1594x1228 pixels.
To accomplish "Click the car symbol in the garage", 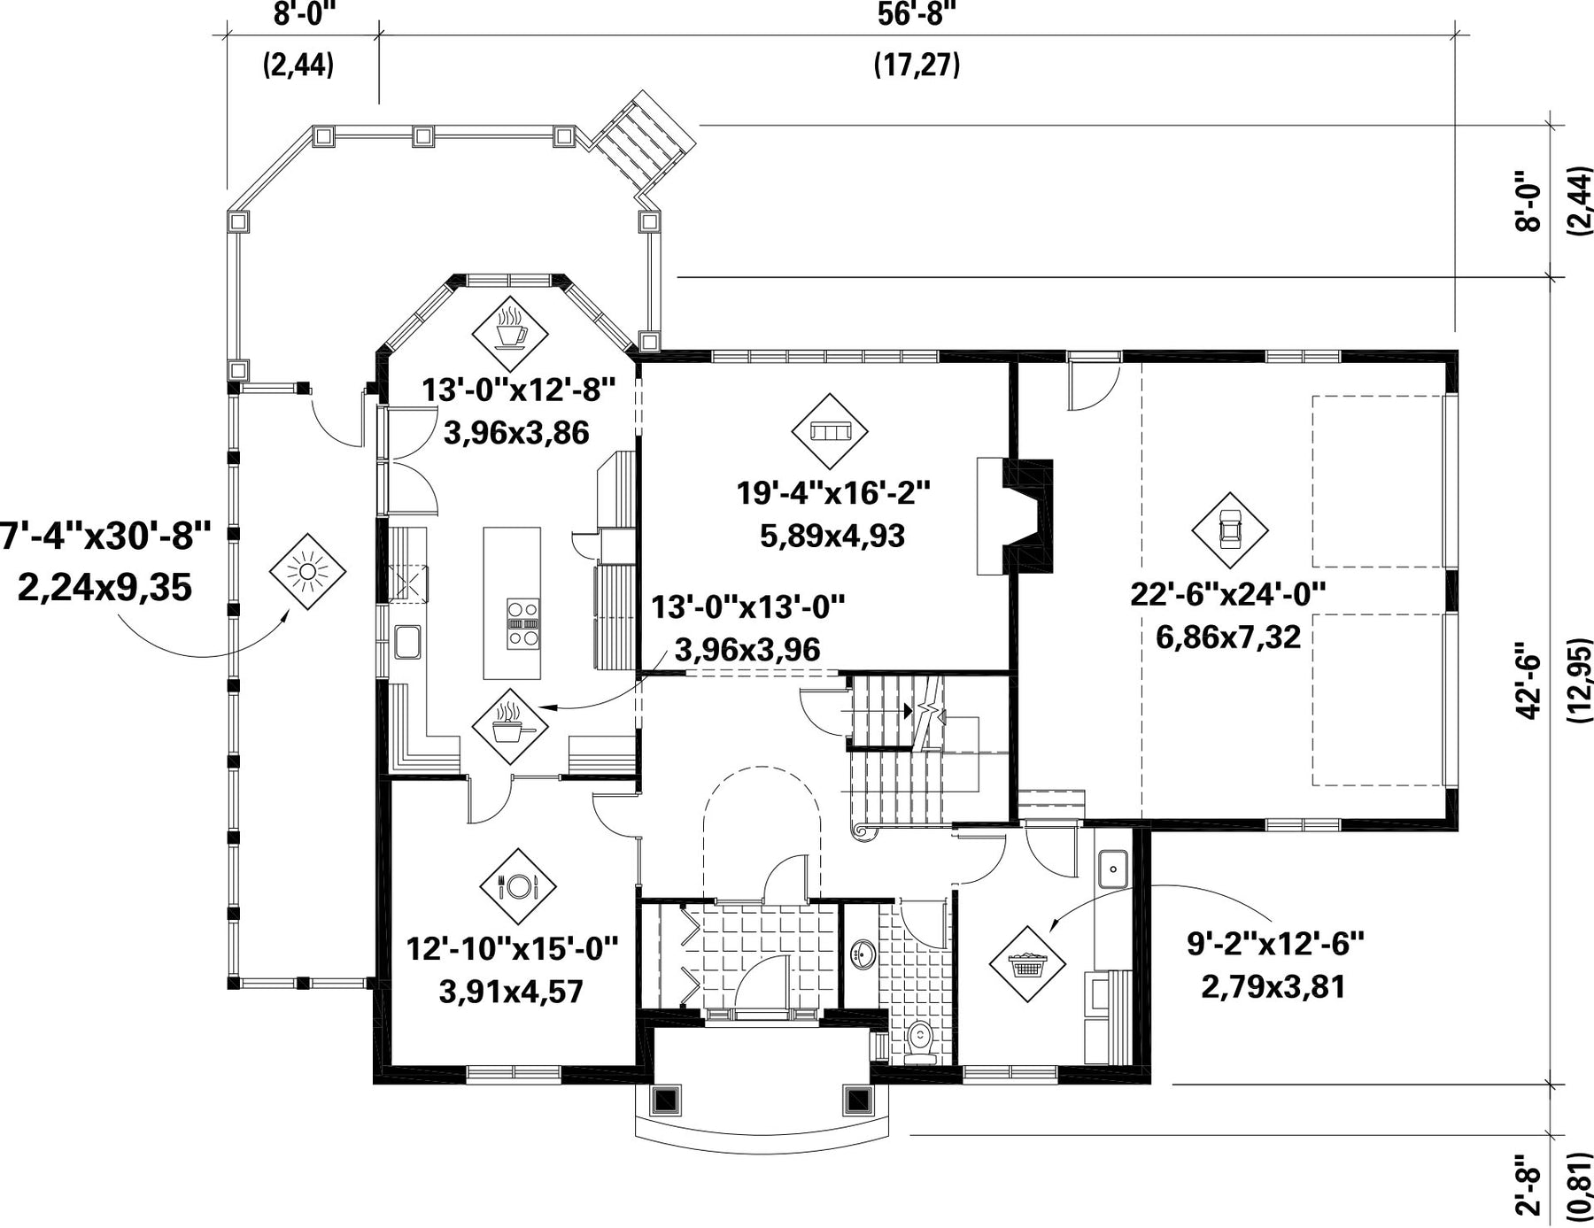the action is point(1229,530).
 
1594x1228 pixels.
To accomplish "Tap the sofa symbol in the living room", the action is point(830,432).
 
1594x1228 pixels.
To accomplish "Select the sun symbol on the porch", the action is point(307,571).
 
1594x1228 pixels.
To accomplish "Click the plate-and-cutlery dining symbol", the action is point(518,886).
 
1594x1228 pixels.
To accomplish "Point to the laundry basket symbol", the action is point(1026,964).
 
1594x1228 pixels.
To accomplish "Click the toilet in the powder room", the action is point(922,1040).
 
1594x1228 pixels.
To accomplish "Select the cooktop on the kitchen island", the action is point(522,624).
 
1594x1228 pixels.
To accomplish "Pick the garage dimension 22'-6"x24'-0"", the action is point(1228,594).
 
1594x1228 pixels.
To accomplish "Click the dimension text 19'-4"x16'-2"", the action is point(834,493).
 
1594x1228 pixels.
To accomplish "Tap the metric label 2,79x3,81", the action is point(1273,986).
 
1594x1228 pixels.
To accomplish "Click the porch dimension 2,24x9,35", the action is point(104,587).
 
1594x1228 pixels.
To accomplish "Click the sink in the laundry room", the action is point(1112,869).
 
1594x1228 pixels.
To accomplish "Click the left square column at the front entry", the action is point(665,1100).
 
